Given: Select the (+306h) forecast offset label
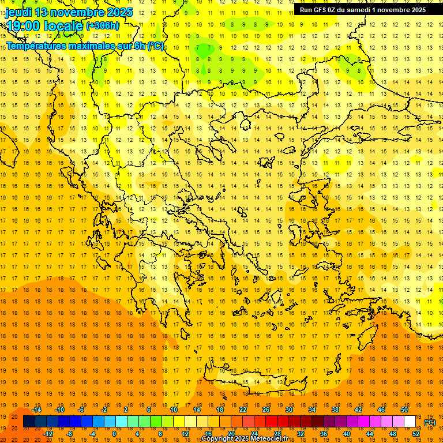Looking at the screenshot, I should click(x=102, y=26).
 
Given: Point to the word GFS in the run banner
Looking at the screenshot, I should click(x=321, y=10).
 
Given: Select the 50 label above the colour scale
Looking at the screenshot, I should click(x=404, y=410).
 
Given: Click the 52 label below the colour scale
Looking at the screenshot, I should click(x=416, y=434).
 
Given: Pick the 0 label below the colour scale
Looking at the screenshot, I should click(x=114, y=434).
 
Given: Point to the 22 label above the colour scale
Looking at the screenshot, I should click(x=243, y=410).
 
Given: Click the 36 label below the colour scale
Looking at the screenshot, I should click(x=324, y=434).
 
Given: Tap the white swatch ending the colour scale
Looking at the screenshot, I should click(x=410, y=422).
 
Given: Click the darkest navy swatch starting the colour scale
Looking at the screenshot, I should click(x=29, y=422).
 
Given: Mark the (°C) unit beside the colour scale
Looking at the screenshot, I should click(x=430, y=422).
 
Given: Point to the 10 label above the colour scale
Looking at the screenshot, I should click(x=173, y=410).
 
